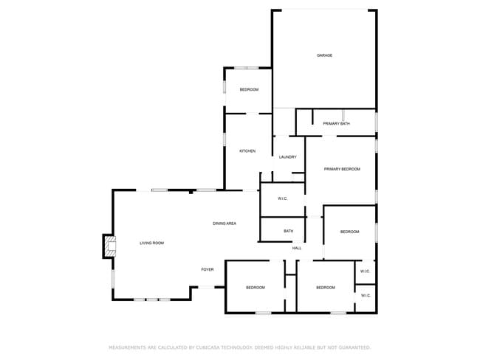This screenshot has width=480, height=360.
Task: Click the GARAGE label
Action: coord(324,55)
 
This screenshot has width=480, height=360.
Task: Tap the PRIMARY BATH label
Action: coord(336,124)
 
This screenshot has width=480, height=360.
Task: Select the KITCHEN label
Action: coord(247,151)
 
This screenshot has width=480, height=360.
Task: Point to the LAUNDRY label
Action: coord(287,156)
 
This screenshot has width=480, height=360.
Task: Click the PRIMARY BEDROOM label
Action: coord(342,170)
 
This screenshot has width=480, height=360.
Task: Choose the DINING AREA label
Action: coord(224,223)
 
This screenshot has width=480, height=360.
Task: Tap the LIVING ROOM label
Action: coord(152,243)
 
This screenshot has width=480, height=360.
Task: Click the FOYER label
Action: coord(208,269)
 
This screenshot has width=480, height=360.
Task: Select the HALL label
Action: coord(297,248)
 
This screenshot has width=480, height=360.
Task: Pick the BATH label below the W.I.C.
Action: coord(288,232)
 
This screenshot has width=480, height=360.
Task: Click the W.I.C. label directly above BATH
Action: coord(282,198)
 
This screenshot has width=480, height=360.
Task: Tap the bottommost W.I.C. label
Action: coord(365,296)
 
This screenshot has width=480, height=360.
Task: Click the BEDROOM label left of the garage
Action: coord(249,89)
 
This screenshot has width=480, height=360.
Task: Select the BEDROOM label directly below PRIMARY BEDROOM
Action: coord(349,232)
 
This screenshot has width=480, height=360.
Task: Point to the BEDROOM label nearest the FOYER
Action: coord(255,287)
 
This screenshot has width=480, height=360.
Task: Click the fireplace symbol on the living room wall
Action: coord(109,246)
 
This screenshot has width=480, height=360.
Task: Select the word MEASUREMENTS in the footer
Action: coord(129,347)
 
